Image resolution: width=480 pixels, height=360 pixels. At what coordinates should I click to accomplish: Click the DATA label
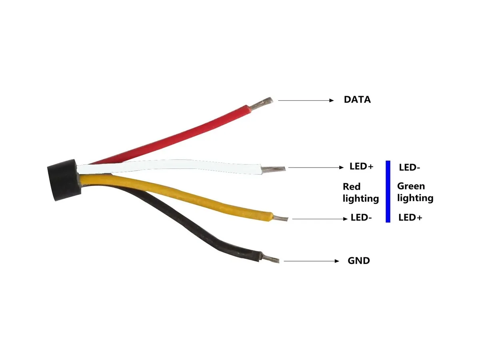[x=357, y=100]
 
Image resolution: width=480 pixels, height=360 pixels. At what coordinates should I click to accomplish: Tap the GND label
[x=359, y=260]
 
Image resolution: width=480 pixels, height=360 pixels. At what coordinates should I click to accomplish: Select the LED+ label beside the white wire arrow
[x=361, y=166]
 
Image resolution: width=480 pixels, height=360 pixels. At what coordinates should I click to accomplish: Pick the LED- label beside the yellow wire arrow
[x=361, y=218]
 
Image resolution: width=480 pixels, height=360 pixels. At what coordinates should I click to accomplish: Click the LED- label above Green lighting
[x=409, y=168]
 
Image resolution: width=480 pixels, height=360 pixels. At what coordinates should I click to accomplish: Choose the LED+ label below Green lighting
[x=410, y=218]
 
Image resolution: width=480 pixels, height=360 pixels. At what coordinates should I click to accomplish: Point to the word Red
[x=352, y=186]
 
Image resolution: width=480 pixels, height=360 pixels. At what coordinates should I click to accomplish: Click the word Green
[x=411, y=186]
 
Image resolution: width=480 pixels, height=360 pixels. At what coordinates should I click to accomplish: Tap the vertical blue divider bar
[x=388, y=192]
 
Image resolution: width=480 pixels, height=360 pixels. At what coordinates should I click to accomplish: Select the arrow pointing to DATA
[x=306, y=100]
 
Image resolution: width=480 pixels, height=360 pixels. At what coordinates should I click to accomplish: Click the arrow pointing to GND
[x=311, y=261]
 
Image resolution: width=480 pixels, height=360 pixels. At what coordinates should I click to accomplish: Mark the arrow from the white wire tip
[x=316, y=168]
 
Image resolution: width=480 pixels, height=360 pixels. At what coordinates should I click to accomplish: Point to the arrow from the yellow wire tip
[x=320, y=218]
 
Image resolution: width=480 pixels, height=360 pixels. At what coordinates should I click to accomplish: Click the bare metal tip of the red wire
[x=261, y=104]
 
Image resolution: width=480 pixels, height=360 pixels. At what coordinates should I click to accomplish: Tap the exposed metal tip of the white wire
[x=273, y=169]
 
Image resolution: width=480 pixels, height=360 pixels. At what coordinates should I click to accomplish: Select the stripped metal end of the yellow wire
[x=280, y=218]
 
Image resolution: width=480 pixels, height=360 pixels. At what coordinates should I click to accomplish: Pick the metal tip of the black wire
[x=270, y=259]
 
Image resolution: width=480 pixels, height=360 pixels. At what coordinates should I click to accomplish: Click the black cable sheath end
[x=64, y=180]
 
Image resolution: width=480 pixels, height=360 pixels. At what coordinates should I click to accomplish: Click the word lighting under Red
[x=361, y=199]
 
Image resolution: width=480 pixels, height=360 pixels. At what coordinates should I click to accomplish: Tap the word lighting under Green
[x=415, y=198]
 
